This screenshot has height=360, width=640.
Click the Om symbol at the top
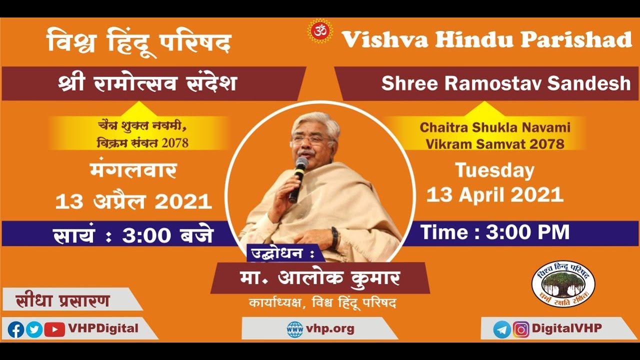coord(320,31)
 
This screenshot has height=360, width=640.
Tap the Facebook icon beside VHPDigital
coord(16,329)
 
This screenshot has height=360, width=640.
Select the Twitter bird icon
coord(34,329)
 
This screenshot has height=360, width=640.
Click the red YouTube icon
coord(54,329)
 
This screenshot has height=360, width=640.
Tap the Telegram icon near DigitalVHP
coord(502,329)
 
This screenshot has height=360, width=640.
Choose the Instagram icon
coord(521,329)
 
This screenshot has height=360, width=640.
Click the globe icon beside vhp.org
coord(295,329)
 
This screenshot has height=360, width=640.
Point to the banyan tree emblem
coord(563,283)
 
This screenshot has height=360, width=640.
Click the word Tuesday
coord(494,171)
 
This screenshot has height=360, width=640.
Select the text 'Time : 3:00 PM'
coord(495,232)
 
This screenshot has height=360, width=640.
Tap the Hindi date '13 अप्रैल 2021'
coord(133,201)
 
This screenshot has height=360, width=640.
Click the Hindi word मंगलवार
coord(133,171)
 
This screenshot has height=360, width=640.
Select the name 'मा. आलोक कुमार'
coord(320,277)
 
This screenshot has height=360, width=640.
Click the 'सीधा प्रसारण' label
coord(63,301)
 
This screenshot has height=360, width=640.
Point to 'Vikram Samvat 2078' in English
coord(495,144)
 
